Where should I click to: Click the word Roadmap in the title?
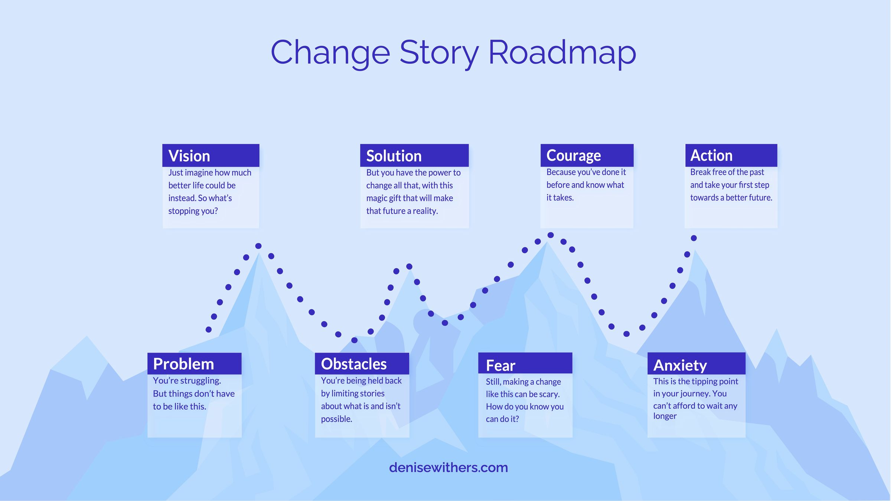point(562,53)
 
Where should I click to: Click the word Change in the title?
point(330,53)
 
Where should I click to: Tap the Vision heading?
point(189,156)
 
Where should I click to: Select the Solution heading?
point(394,156)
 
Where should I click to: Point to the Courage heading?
point(574,156)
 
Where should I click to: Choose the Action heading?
point(711,155)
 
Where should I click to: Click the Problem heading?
point(183,364)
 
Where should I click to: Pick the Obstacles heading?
point(354,364)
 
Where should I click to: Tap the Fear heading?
point(500,366)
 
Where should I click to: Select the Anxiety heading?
point(680,366)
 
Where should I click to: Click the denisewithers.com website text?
point(448,468)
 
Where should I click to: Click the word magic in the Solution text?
point(376,198)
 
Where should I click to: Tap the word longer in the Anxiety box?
point(665,416)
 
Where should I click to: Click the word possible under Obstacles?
point(336,419)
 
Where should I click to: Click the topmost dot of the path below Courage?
point(551,235)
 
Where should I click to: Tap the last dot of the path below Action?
point(693,238)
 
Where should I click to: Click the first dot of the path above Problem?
point(209,330)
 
